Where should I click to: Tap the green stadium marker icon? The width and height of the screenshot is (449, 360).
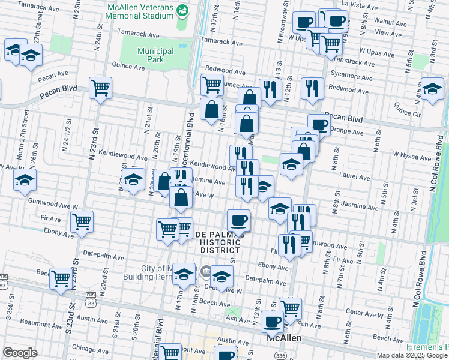[x=183, y=10]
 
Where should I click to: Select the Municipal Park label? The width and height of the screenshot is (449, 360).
[x=155, y=56]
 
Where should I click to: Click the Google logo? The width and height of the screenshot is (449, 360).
[x=19, y=353]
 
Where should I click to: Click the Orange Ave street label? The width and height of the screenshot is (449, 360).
[x=347, y=131]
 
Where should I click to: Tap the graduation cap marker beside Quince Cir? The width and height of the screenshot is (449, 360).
[x=432, y=88]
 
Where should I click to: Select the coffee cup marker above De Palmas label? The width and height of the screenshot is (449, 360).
[x=238, y=220]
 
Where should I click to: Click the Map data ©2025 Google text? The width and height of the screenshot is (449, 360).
[x=412, y=355]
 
